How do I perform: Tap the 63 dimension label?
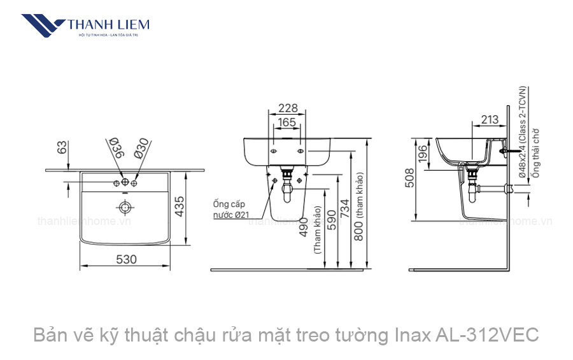tap(62, 147)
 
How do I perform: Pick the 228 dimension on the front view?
tap(288, 108)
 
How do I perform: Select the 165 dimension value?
tap(287, 122)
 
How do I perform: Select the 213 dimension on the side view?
tap(490, 119)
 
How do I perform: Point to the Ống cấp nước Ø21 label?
tap(230, 210)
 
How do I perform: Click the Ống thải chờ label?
tap(536, 153)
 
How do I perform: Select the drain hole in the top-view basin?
tap(125, 206)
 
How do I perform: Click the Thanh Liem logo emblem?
tap(43, 26)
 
